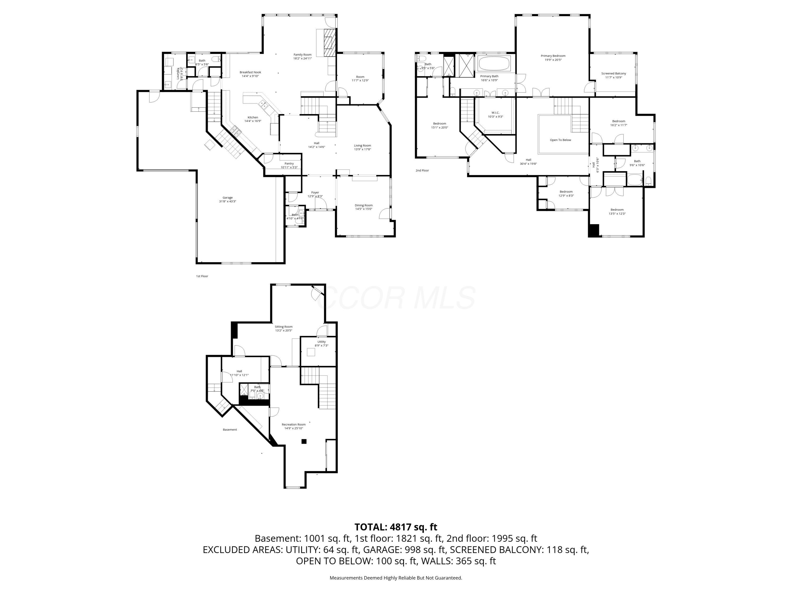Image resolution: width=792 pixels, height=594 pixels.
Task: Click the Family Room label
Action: pos(302,56)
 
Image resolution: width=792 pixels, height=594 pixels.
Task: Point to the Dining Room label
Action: pos(364,207)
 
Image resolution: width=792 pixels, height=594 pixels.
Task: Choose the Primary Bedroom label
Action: pos(553,58)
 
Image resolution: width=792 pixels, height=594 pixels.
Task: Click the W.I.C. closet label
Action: pos(495,115)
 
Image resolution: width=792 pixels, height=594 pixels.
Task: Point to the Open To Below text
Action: pos(560,140)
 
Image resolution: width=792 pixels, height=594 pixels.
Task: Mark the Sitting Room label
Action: pos(284,328)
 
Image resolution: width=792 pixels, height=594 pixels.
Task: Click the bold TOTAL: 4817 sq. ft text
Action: pos(396,527)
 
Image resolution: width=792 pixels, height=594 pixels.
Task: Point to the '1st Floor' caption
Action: pos(202,276)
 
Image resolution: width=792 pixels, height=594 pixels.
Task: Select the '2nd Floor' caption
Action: pos(422,171)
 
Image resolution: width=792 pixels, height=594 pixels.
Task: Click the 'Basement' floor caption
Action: pos(230,430)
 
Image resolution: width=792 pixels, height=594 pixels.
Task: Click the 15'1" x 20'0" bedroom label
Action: pos(439,125)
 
